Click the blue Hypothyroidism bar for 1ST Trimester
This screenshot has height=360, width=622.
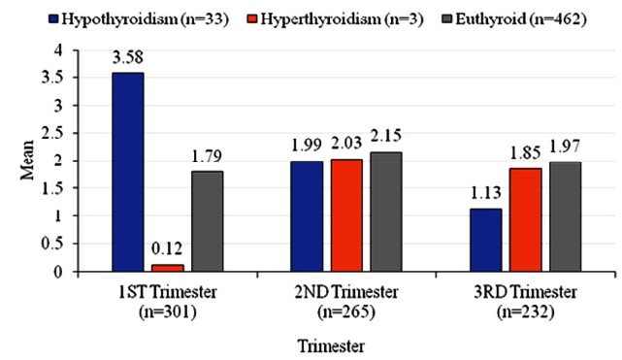[128, 172]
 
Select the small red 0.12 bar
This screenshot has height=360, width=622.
[168, 268]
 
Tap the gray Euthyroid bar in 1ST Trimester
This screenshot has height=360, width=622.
[208, 221]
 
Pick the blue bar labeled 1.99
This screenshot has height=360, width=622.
[307, 216]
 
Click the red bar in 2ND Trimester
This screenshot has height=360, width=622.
[346, 215]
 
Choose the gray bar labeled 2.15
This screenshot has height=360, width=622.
[386, 213]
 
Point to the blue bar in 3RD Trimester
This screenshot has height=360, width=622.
[486, 241]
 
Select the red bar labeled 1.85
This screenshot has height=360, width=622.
[526, 220]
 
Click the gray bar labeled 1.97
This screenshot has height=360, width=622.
[566, 216]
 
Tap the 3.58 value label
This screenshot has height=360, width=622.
[128, 58]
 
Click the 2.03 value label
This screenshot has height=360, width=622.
[346, 144]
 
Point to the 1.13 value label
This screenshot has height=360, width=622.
[486, 193]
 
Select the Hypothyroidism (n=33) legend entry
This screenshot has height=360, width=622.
[139, 18]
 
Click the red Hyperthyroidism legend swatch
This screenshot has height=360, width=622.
[252, 18]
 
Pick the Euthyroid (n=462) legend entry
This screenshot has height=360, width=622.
[514, 18]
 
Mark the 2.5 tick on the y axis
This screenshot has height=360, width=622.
[52, 133]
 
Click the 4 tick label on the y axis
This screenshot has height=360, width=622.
[59, 50]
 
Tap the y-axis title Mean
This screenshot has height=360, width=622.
[27, 160]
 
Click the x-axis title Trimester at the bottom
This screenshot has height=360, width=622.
[331, 346]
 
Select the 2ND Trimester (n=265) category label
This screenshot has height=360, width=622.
[346, 302]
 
